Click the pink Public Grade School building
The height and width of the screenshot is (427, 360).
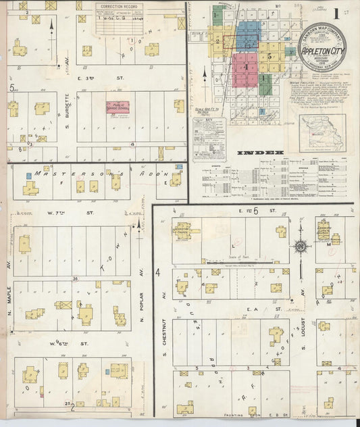(x=117, y=107)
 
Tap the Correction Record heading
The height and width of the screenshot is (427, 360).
(x=118, y=6)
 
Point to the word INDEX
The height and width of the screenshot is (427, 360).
(x=261, y=153)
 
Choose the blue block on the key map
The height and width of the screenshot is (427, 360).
(x=248, y=34)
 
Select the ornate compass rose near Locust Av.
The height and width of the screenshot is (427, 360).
(x=301, y=245)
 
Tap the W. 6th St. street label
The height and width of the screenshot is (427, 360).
(x=76, y=344)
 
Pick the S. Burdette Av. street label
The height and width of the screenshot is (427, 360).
(x=67, y=116)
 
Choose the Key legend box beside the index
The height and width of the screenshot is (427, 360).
(x=209, y=139)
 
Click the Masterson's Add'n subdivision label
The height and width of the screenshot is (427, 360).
(x=81, y=174)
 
